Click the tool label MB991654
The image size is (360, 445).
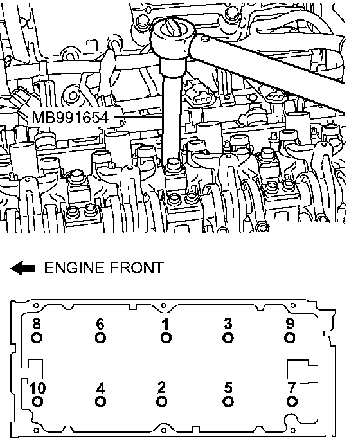(x=70, y=117)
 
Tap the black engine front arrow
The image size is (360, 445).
(x=22, y=268)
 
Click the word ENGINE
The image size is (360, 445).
(x=74, y=268)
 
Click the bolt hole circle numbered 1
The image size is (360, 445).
(x=166, y=338)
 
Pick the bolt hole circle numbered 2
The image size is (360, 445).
(x=161, y=401)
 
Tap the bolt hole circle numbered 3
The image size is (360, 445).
(x=228, y=338)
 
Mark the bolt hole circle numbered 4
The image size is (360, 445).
(x=100, y=401)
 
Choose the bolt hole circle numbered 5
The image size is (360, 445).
(x=228, y=401)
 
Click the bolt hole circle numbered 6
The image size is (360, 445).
(x=100, y=338)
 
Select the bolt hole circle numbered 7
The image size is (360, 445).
(x=292, y=401)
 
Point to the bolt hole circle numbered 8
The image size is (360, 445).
(x=36, y=338)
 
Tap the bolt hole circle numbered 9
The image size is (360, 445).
(x=289, y=338)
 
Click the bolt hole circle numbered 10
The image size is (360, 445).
(x=37, y=401)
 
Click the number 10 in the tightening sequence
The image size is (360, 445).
(x=37, y=388)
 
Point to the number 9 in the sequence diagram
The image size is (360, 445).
(x=289, y=323)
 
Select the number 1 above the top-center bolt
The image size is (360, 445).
(x=165, y=324)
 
